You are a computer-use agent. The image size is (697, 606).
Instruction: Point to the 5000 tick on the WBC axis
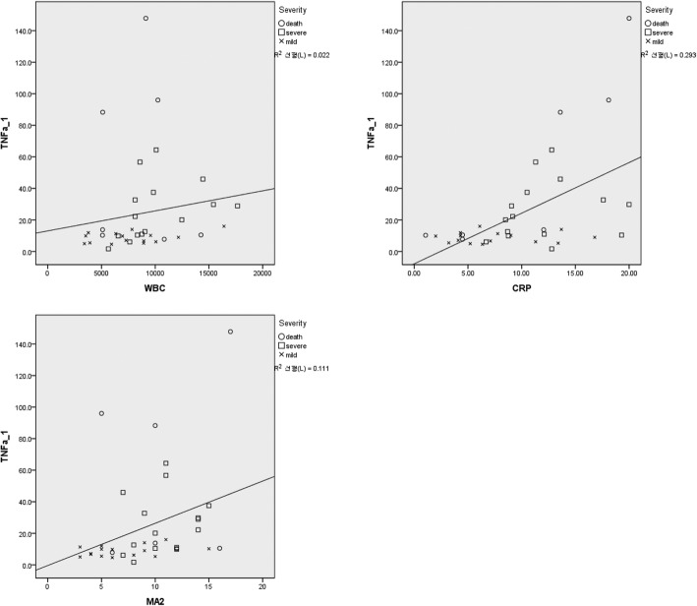101,270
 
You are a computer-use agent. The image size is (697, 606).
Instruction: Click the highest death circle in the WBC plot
145,19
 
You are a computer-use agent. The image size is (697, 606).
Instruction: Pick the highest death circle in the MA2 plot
231,332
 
